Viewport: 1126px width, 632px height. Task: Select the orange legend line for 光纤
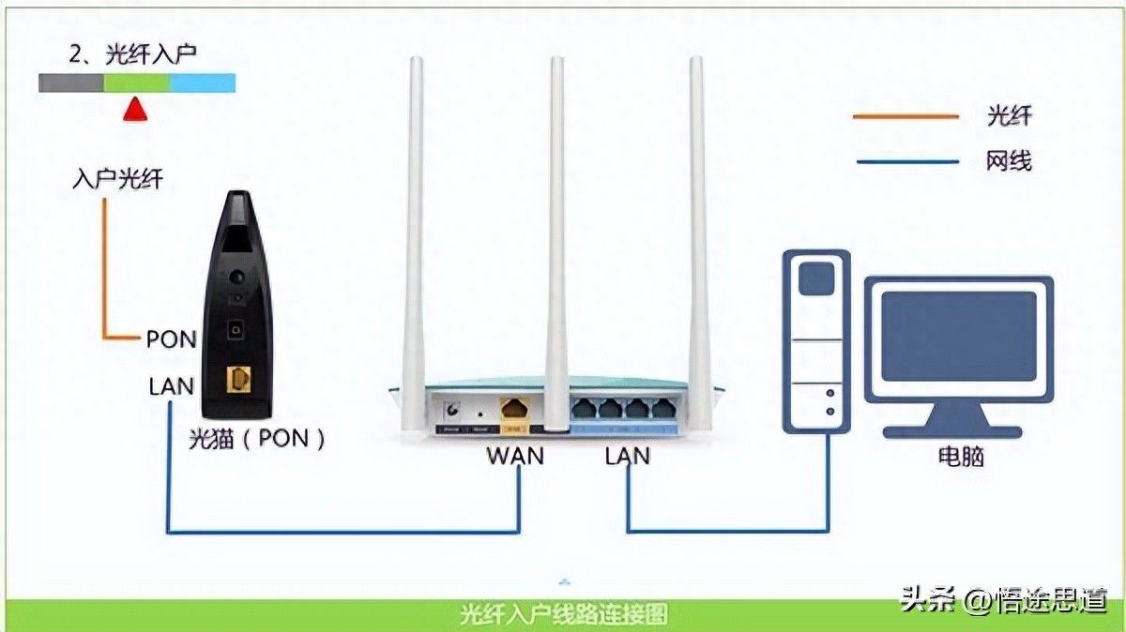click(x=905, y=116)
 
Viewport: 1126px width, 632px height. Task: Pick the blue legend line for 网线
click(x=905, y=161)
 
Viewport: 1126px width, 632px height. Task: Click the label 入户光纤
click(x=117, y=178)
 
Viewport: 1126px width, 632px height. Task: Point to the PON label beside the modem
click(x=171, y=339)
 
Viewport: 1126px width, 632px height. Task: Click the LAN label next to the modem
click(x=171, y=385)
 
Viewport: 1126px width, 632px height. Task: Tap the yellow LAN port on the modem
click(x=239, y=380)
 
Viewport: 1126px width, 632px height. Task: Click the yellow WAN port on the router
click(x=515, y=409)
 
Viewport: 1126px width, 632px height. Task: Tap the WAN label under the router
click(x=515, y=456)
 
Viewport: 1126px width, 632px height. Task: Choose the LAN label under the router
click(x=628, y=456)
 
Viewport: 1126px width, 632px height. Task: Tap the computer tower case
click(x=817, y=338)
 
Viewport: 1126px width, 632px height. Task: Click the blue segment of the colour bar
click(x=202, y=83)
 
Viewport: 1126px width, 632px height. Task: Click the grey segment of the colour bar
click(x=71, y=83)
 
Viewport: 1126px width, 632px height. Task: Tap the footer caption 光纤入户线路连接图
click(x=564, y=615)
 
